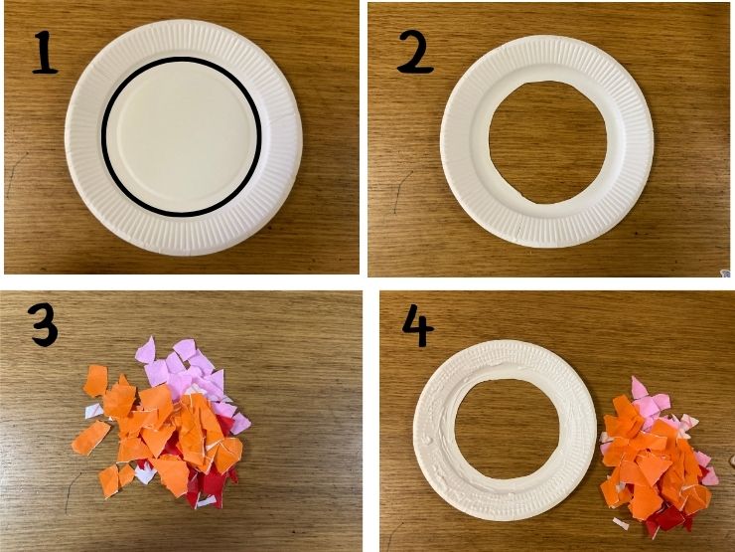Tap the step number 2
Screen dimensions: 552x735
click(x=415, y=52)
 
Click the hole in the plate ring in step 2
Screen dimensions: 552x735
click(x=547, y=138)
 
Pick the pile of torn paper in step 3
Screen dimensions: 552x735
click(x=164, y=418)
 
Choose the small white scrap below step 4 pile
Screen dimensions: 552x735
click(x=621, y=523)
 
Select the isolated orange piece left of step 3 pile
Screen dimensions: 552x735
click(x=91, y=438)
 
